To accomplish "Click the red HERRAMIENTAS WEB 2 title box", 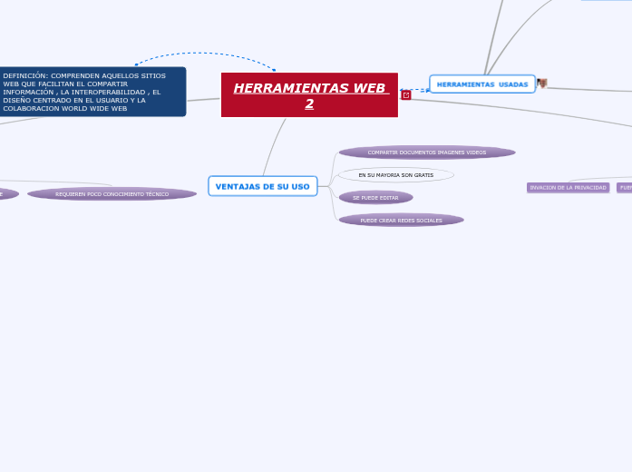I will click(309, 94).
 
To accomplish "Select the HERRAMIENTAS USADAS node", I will click(481, 84).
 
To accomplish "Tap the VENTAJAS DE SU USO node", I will click(262, 186).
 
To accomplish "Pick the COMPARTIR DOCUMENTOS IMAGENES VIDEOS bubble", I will click(426, 152).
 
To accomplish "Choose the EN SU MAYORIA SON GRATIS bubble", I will click(395, 174).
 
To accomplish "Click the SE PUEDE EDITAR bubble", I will click(375, 197).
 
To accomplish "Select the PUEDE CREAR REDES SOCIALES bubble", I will click(401, 220).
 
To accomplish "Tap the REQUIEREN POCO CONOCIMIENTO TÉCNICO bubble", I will click(112, 193).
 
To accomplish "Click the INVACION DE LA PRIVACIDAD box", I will click(568, 188).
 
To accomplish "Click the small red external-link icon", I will click(405, 94).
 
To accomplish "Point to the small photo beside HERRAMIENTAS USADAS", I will click(542, 84).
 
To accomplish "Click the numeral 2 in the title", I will click(309, 103).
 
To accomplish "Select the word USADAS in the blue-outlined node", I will click(512, 84).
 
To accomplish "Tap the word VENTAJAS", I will click(238, 186).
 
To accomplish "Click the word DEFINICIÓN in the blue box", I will click(24, 75).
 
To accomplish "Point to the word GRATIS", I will click(423, 174).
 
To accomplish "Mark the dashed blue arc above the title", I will click(204, 54).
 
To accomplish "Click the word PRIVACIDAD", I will click(589, 188).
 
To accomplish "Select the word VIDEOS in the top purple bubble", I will click(475, 152).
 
